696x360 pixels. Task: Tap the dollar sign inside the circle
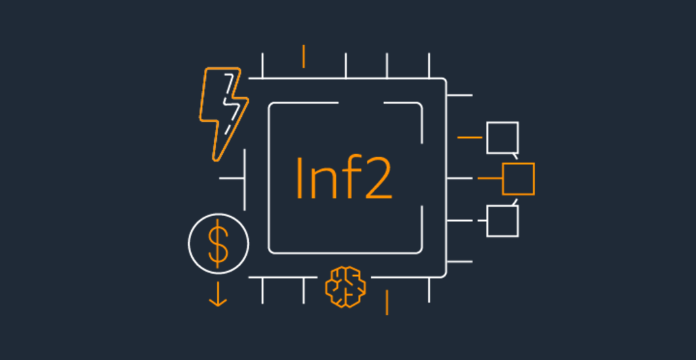[x=218, y=242]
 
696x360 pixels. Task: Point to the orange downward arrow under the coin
[x=218, y=293]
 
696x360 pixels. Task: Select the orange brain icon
[x=345, y=285]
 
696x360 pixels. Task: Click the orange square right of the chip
[x=518, y=179]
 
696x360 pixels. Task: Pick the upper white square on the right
[x=502, y=137]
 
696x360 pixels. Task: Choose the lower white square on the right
[x=502, y=221]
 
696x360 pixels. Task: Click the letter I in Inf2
[x=300, y=178]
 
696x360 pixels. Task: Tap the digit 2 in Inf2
[x=377, y=178]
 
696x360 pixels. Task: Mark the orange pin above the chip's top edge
[x=304, y=56]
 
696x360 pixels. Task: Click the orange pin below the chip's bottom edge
[x=387, y=302]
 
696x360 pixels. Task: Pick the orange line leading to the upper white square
[x=470, y=137]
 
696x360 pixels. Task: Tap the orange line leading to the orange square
[x=489, y=179]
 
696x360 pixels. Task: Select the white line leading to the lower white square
[x=469, y=221]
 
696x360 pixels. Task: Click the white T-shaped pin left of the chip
[x=234, y=179]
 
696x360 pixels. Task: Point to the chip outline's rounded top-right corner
[x=442, y=82]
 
